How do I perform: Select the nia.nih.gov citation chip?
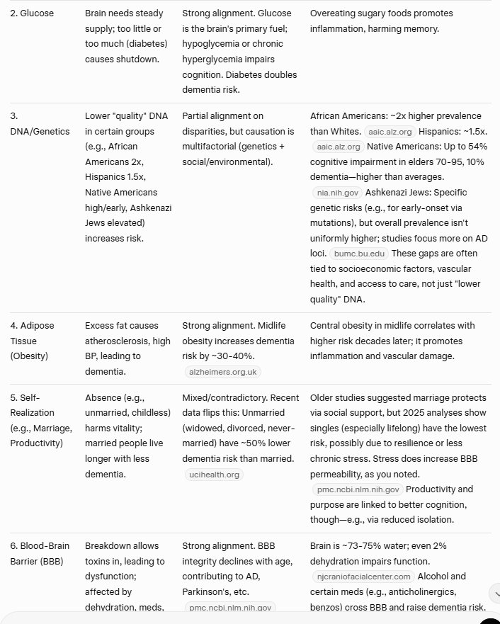[336, 192]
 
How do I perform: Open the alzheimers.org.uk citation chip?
[222, 371]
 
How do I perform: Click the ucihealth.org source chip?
[212, 475]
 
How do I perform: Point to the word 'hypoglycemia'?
[210, 45]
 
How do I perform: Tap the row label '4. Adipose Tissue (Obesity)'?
[31, 341]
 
